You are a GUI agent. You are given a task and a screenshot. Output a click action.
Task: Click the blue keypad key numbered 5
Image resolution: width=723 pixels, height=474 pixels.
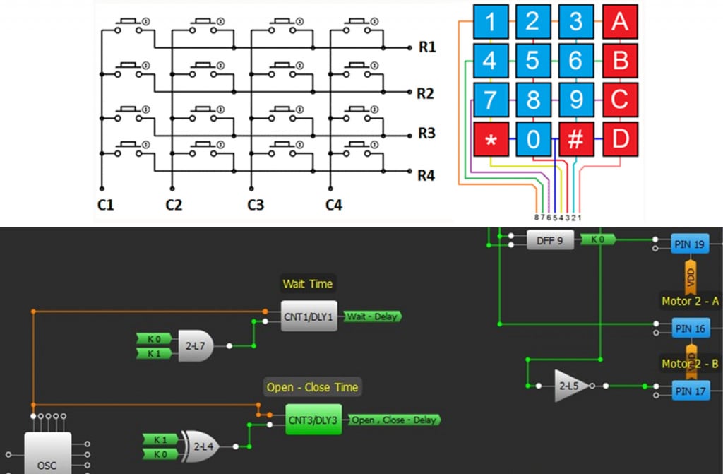(532, 61)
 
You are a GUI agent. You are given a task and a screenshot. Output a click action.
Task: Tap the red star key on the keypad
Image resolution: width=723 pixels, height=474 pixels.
(491, 139)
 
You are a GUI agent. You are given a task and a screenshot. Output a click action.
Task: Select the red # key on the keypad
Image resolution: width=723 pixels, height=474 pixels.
(576, 139)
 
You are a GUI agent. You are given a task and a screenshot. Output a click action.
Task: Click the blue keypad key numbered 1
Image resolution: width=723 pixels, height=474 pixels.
(491, 22)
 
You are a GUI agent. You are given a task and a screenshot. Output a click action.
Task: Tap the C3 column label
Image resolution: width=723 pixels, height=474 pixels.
(255, 206)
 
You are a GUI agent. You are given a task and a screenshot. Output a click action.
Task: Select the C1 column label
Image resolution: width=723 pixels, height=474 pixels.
(104, 206)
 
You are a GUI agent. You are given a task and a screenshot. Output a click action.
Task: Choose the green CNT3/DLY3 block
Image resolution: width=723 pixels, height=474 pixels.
(313, 420)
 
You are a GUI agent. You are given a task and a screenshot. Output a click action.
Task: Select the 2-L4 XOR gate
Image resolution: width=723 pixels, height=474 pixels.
(200, 446)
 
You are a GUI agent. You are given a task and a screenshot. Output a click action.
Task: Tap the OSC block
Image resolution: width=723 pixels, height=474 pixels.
(48, 454)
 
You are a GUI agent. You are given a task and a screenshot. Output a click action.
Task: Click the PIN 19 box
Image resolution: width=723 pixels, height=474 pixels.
(690, 245)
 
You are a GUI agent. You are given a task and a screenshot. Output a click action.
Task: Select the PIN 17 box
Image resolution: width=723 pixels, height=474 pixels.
(690, 389)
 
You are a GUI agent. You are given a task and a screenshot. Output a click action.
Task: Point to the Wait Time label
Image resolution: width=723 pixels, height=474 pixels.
(307, 284)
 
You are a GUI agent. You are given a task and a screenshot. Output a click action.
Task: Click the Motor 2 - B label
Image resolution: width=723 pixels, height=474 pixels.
(690, 364)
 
